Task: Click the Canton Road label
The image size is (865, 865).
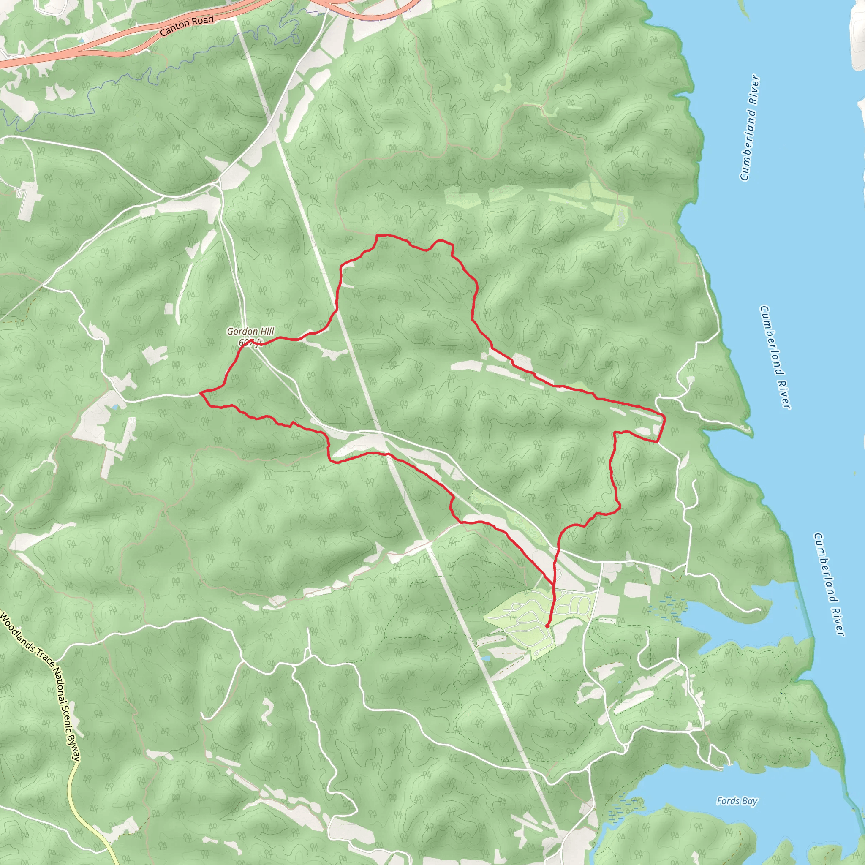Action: point(186,25)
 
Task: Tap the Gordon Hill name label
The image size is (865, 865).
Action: point(250,331)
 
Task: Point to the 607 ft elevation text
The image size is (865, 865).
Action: point(250,343)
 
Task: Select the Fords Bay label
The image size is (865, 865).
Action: point(737,801)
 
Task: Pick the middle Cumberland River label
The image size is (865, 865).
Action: point(775,357)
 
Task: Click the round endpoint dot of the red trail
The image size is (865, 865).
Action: point(547,626)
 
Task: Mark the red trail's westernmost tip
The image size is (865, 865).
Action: point(200,393)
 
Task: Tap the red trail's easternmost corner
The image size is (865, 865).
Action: point(665,419)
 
